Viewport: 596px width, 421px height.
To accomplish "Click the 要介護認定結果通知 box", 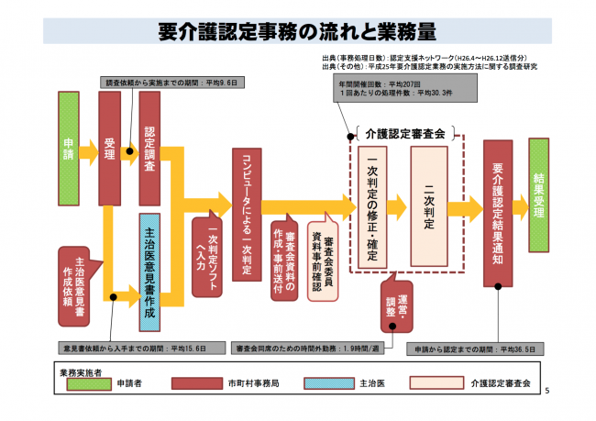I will (496, 210).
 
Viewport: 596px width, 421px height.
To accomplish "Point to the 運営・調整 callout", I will (397, 301).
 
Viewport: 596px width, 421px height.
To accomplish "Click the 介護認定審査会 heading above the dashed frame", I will (404, 134).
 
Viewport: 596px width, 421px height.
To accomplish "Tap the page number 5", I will (547, 393).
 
